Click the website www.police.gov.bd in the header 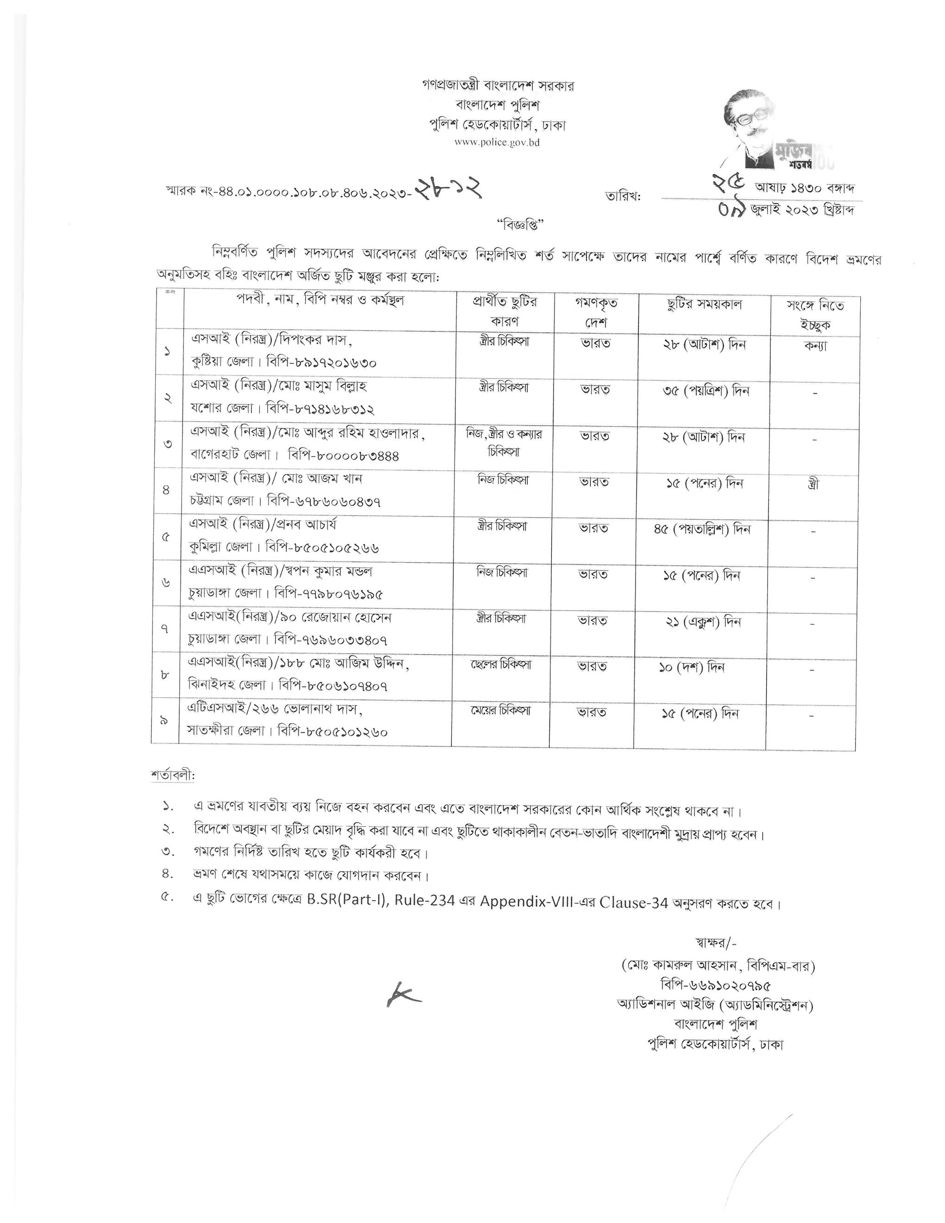pyautogui.click(x=497, y=143)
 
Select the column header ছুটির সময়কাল pyautogui.click(x=704, y=305)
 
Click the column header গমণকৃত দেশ pyautogui.click(x=595, y=313)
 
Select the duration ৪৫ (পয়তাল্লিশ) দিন pyautogui.click(x=702, y=529)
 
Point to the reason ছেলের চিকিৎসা pyautogui.click(x=501, y=665)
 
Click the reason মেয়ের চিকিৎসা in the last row pyautogui.click(x=500, y=711)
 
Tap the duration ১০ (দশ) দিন pyautogui.click(x=692, y=668)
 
